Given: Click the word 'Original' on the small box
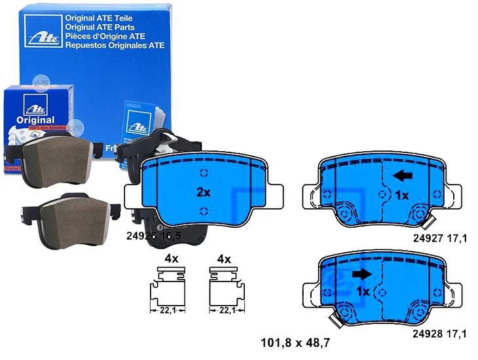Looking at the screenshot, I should coord(32,120).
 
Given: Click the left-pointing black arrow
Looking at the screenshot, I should coord(405,175).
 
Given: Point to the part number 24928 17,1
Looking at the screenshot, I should coord(440,334).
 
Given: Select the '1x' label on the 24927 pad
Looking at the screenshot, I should coord(401,196).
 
